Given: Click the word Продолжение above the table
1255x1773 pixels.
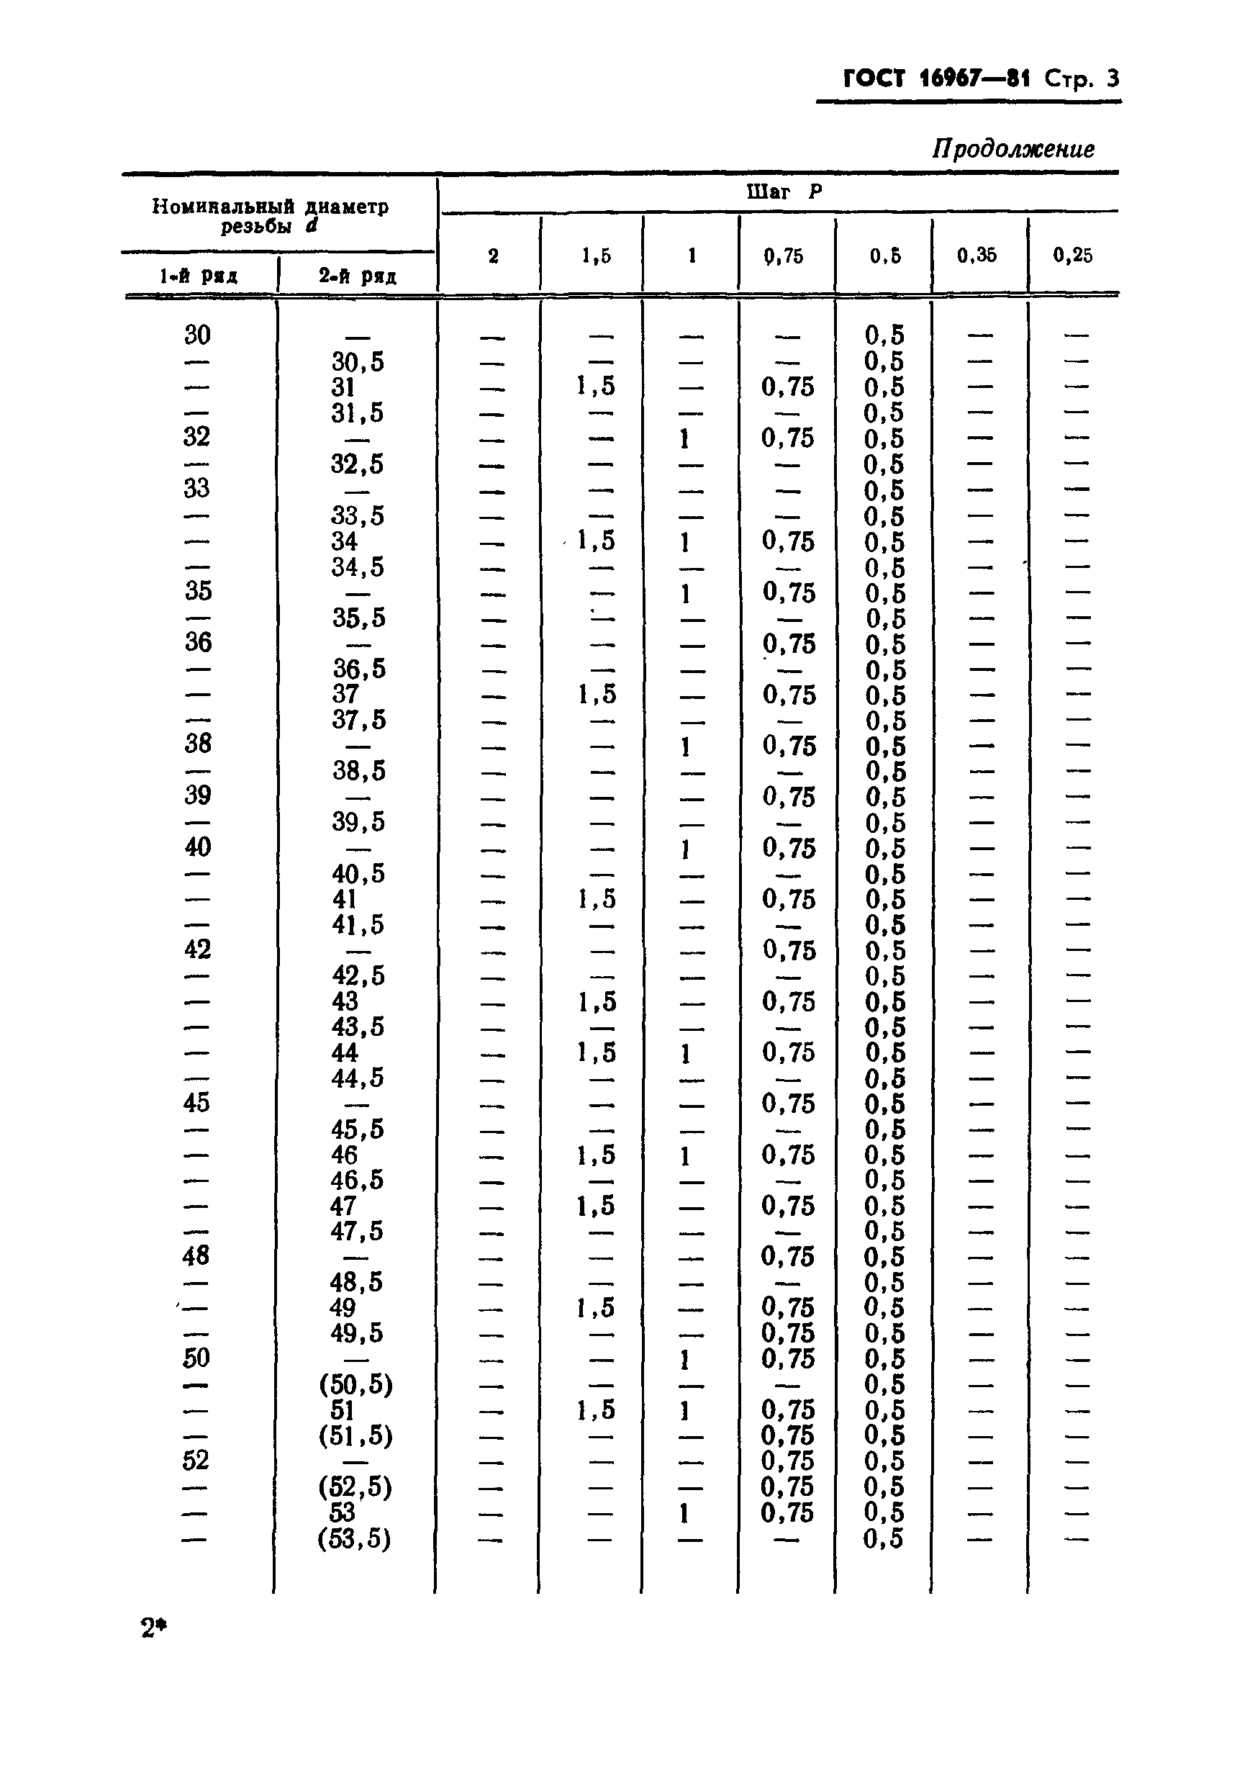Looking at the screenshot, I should pyautogui.click(x=1012, y=148).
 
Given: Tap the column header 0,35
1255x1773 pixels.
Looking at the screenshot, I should pyautogui.click(x=977, y=255).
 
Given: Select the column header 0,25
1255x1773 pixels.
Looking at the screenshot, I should pyautogui.click(x=1073, y=255).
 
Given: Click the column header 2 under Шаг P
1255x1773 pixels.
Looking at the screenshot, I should pyautogui.click(x=493, y=256).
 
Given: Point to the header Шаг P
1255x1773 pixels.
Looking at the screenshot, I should pyautogui.click(x=783, y=191).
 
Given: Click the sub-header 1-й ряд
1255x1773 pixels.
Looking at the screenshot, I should pyautogui.click(x=199, y=276).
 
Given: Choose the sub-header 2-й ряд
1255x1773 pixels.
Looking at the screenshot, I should pyautogui.click(x=357, y=276).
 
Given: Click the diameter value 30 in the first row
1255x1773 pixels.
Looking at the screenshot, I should pyautogui.click(x=197, y=335).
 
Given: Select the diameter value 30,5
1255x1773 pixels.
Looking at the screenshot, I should pyautogui.click(x=358, y=361).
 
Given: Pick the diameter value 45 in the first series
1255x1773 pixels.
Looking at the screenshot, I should pyautogui.click(x=196, y=1102).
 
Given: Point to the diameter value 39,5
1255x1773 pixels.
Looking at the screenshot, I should pyautogui.click(x=358, y=821).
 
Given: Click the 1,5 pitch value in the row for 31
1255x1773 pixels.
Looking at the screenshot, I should pyautogui.click(x=596, y=387).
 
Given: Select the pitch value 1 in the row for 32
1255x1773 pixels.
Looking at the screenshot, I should pyautogui.click(x=684, y=439).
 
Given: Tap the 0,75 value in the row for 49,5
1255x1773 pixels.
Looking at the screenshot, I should pyautogui.click(x=787, y=1332).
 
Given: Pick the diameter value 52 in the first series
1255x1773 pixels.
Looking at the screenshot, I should pyautogui.click(x=196, y=1460).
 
